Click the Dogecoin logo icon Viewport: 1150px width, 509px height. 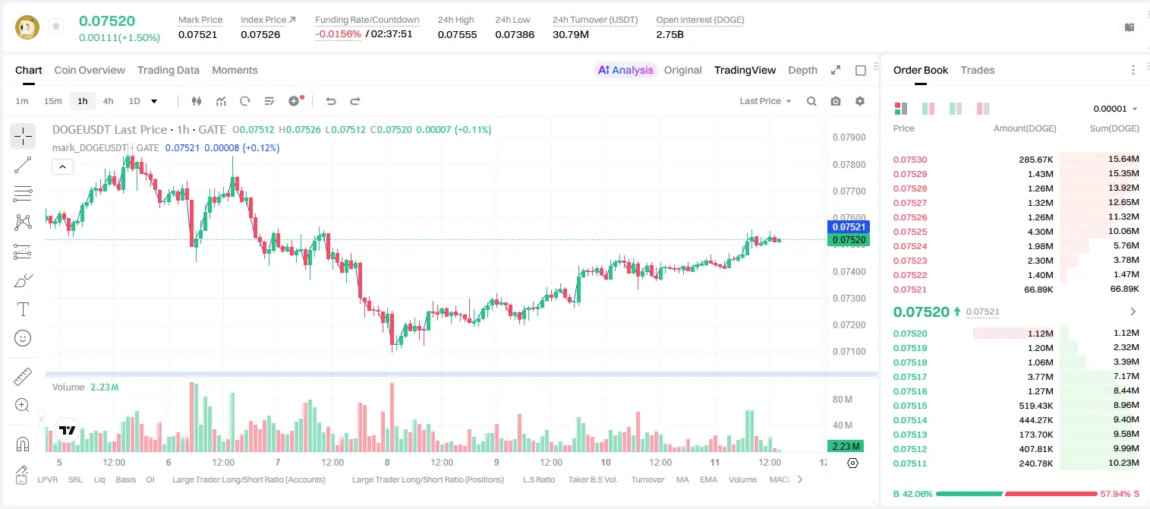[27, 27]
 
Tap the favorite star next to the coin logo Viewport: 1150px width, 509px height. [56, 26]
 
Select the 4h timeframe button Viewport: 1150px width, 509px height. [108, 101]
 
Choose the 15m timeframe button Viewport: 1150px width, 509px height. [53, 101]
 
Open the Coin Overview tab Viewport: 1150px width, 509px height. [90, 70]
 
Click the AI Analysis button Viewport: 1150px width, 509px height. [625, 70]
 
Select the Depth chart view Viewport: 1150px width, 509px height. [802, 70]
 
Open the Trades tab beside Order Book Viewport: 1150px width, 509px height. [978, 70]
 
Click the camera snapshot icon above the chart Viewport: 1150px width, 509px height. [836, 101]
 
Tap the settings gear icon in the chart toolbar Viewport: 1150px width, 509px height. [860, 101]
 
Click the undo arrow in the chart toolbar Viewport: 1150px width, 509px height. [331, 101]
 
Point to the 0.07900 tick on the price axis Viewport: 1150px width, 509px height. [849, 138]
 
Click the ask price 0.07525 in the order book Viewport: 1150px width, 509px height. [909, 232]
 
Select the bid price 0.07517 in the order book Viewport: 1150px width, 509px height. [909, 377]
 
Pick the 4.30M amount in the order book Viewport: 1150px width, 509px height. [1040, 232]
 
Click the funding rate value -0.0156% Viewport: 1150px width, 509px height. [338, 34]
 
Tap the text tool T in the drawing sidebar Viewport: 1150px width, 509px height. [23, 309]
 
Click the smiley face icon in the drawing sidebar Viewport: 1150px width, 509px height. [23, 338]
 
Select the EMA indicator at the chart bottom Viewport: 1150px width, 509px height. [708, 479]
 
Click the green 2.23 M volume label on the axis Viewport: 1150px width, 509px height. [846, 446]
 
